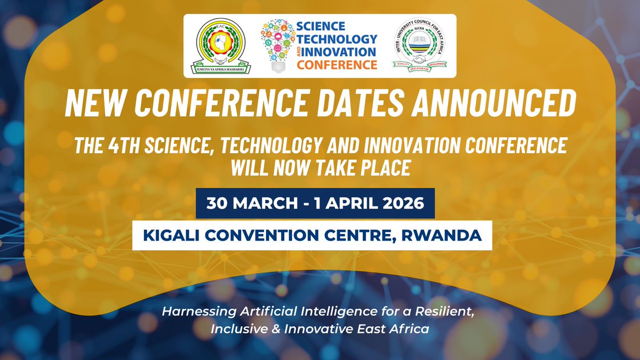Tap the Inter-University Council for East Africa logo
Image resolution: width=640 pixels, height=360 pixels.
(418, 46)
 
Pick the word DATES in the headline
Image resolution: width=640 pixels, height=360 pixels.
(375, 105)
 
